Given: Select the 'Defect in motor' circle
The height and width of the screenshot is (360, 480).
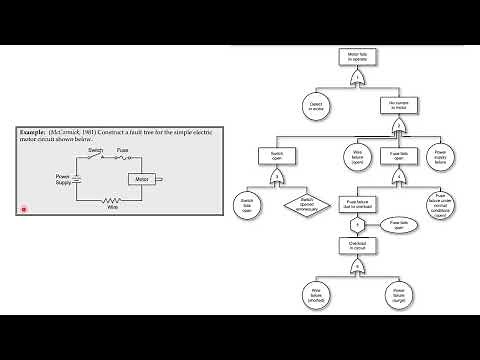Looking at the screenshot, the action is point(315,103).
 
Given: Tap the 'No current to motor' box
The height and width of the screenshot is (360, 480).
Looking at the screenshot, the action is point(397,103).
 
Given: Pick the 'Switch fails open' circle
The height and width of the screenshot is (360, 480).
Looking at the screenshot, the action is point(246,204).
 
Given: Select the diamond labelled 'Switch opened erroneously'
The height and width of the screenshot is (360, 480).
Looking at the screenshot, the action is point(306,204).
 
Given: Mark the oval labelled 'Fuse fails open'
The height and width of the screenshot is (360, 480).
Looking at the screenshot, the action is point(397,225).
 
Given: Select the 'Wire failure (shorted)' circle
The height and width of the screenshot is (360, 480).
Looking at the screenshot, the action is point(315,294).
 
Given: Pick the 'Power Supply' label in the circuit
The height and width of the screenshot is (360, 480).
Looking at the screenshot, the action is point(63,180).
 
